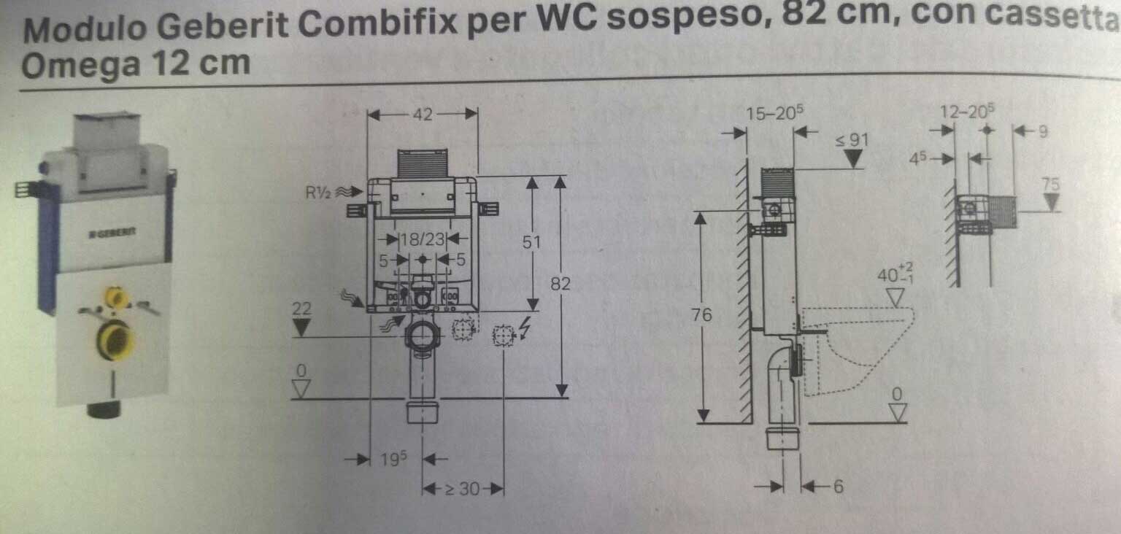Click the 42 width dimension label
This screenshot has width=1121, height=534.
[x=423, y=114]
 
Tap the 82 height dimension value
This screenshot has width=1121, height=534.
[x=560, y=284]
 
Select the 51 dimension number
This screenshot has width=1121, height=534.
[x=532, y=241]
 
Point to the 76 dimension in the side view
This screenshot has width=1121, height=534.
[x=702, y=316]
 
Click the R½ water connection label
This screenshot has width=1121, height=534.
[x=320, y=193]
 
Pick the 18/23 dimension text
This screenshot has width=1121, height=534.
[x=423, y=239]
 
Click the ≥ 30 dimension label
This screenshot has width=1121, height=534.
[x=462, y=489]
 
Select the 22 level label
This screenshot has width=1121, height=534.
[x=301, y=309]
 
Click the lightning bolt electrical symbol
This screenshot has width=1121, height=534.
[x=523, y=332]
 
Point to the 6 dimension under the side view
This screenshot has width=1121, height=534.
[x=838, y=486]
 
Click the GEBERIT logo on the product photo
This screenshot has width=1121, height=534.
[x=112, y=233]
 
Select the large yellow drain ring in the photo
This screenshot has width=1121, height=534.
[x=115, y=339]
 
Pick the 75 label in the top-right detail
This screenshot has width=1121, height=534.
[x=1050, y=185]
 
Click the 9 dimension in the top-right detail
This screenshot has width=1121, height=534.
[x=1042, y=132]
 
